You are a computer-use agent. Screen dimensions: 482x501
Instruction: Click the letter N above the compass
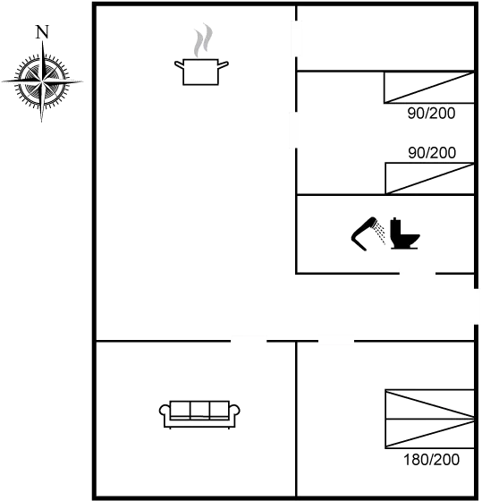pos(42,32)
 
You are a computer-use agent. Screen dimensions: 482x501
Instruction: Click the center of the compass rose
pos(42,81)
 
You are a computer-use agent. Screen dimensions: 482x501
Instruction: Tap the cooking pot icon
pos(201,72)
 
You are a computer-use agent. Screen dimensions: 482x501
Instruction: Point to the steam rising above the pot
pos(203,40)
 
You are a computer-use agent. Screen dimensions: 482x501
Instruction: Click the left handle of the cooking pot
pos(179,64)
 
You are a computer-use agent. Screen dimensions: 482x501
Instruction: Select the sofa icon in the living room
pos(199,414)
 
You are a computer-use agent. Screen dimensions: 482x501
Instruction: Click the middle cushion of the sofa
pos(200,410)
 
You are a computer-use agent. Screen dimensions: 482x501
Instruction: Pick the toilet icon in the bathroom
pos(405,234)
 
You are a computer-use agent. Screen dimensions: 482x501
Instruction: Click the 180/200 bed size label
pos(432,460)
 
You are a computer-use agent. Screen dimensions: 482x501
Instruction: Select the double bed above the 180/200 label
pos(429,419)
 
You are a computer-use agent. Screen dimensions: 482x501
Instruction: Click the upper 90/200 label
pos(431,114)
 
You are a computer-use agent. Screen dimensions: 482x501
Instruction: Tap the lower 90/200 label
pos(432,153)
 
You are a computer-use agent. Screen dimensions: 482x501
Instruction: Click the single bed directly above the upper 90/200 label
pos(429,88)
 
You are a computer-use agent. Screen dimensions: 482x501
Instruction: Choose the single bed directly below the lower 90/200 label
pos(430,178)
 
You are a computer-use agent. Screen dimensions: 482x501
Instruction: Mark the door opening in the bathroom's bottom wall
pos(418,274)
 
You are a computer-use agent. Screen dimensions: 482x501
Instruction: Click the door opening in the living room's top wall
pos(249,341)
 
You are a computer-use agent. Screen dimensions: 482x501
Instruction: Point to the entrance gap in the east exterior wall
pos(476,306)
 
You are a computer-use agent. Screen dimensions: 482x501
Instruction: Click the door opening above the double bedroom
pos(336,341)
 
